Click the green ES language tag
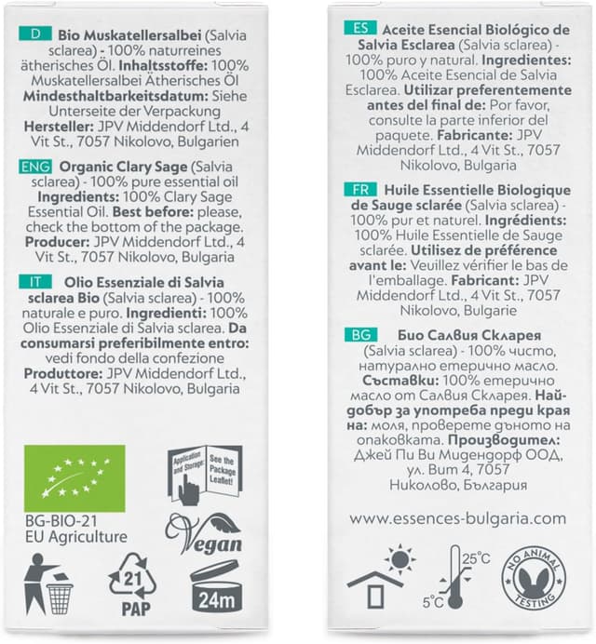(359, 28)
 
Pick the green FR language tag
(359, 188)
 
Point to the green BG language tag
(359, 334)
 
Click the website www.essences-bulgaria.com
(459, 518)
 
